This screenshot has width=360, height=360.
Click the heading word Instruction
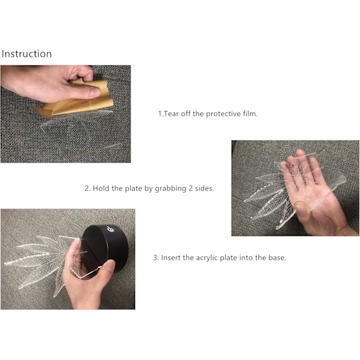[26, 54]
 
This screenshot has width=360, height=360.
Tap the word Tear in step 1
[172, 113]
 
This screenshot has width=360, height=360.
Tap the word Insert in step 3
[171, 257]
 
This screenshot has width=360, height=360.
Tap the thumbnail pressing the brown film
[95, 92]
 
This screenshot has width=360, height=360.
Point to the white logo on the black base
[110, 229]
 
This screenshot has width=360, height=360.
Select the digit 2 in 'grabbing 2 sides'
[191, 188]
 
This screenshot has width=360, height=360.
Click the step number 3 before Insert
[155, 257]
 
